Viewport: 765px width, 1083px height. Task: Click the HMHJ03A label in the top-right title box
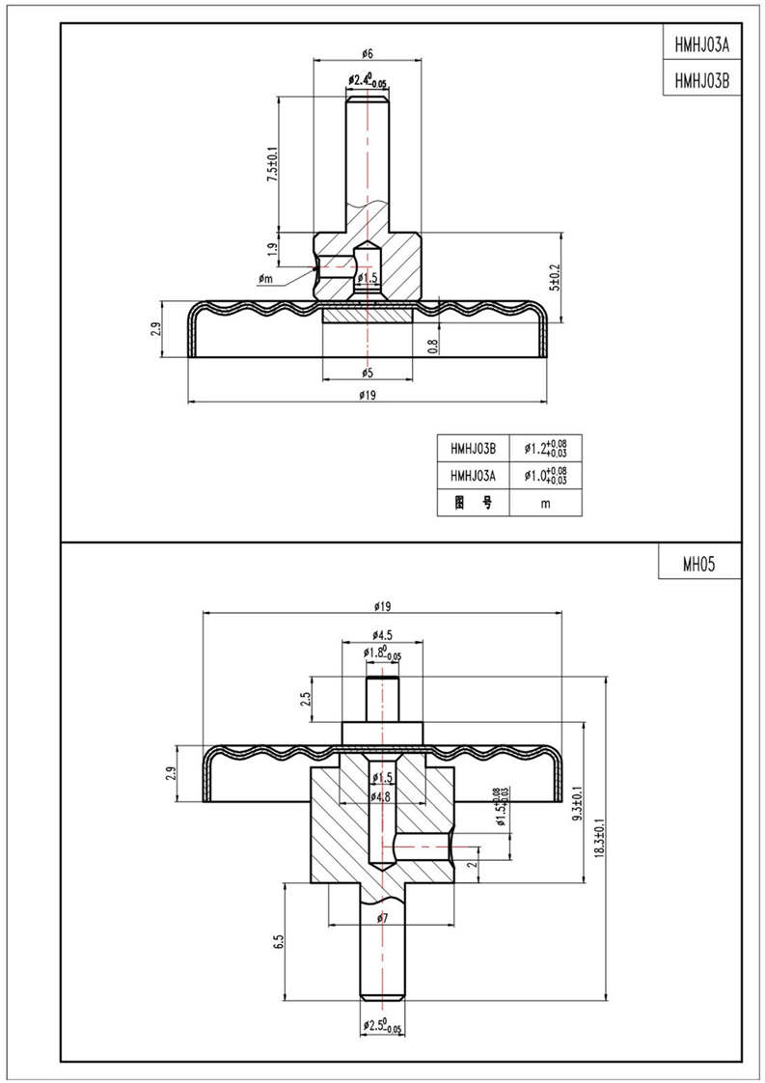pyautogui.click(x=701, y=44)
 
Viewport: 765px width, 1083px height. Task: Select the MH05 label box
pyautogui.click(x=699, y=565)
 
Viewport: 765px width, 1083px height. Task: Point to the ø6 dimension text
pyautogui.click(x=367, y=52)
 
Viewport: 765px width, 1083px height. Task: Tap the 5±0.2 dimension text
pyautogui.click(x=554, y=277)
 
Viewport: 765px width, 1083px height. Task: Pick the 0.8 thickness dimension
pyautogui.click(x=433, y=342)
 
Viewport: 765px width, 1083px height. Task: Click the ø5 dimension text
pyautogui.click(x=367, y=373)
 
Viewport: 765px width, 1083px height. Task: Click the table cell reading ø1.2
pyautogui.click(x=544, y=449)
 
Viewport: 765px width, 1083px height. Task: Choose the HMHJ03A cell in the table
pyautogui.click(x=473, y=476)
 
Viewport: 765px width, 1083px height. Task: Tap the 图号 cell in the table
pyautogui.click(x=473, y=503)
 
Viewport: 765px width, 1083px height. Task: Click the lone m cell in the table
pyautogui.click(x=545, y=503)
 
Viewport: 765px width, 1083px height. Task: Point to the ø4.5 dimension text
pyautogui.click(x=382, y=634)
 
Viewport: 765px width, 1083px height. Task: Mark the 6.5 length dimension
pyautogui.click(x=278, y=941)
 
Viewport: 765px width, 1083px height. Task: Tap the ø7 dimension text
pyautogui.click(x=383, y=918)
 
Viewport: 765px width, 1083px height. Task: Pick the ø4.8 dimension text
pyautogui.click(x=381, y=796)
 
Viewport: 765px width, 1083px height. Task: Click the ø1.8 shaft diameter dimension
pyautogui.click(x=382, y=653)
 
